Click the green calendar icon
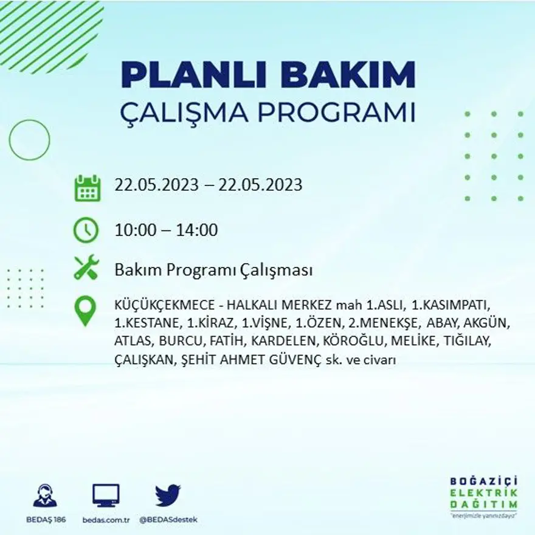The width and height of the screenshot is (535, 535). click(87, 188)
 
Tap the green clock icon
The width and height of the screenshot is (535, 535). click(86, 230)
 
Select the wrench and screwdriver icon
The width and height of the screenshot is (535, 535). click(86, 267)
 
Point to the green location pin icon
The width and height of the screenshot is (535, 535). click(85, 311)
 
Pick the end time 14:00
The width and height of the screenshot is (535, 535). click(197, 230)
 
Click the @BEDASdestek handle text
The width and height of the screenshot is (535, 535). click(168, 520)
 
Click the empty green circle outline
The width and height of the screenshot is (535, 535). click(29, 140)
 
